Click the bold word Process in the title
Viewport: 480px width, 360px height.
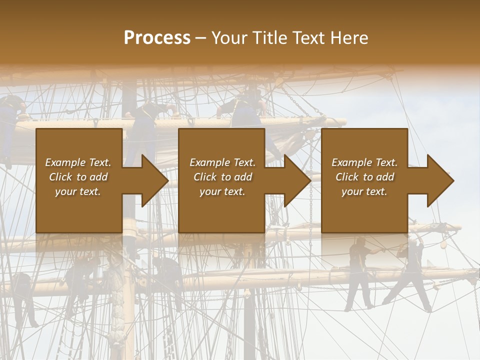pos(157,38)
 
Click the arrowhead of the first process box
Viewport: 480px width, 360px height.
pos(155,180)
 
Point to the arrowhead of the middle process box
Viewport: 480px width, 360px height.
pos(297,180)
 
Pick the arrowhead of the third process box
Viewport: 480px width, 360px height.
pos(440,180)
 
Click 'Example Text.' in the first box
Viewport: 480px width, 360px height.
pos(78,162)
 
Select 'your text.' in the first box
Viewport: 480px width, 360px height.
pos(78,191)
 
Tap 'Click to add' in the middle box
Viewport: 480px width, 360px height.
pos(222,177)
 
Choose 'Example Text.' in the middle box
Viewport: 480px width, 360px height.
pos(222,162)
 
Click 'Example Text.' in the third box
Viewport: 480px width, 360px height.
pos(364,162)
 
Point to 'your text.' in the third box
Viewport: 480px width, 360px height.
pos(364,191)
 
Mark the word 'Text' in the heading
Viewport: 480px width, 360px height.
pos(310,38)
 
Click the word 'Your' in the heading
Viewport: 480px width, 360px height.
pos(229,38)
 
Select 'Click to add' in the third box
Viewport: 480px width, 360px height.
pos(364,177)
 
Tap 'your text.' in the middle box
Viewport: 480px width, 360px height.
pos(222,191)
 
